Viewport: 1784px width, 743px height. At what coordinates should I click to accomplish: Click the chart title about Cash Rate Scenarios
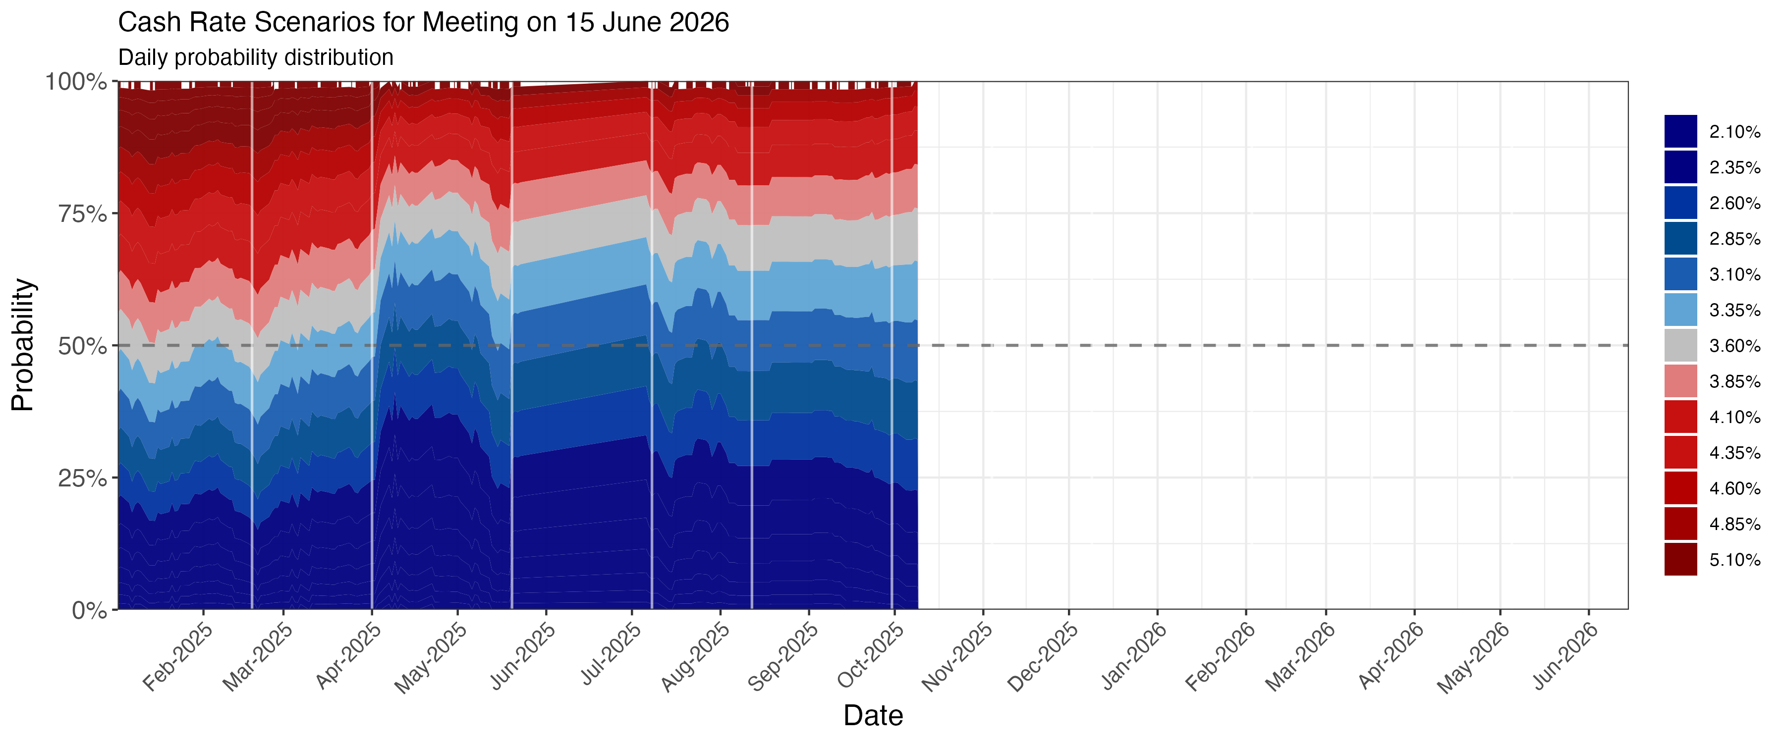pos(423,22)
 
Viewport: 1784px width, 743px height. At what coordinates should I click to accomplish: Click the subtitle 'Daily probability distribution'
pos(256,57)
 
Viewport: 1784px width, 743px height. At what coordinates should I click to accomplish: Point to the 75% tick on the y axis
pos(82,213)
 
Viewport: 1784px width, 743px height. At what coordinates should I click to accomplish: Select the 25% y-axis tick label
pos(82,478)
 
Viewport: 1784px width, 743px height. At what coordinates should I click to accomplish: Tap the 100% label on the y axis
pos(76,82)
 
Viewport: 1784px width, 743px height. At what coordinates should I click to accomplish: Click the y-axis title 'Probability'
pos(23,345)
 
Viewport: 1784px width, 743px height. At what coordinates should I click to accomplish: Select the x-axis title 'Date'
pos(873,715)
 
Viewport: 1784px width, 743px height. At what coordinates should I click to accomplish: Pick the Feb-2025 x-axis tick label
pos(178,656)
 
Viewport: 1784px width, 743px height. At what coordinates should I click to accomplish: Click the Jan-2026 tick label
pos(1134,656)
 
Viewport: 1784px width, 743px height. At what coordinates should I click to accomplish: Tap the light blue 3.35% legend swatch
pos(1681,310)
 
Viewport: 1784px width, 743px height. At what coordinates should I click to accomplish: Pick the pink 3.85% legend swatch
pos(1681,381)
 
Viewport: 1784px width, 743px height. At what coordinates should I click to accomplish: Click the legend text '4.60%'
pos(1734,488)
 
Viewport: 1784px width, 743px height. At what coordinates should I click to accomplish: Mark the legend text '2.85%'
pos(1734,239)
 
